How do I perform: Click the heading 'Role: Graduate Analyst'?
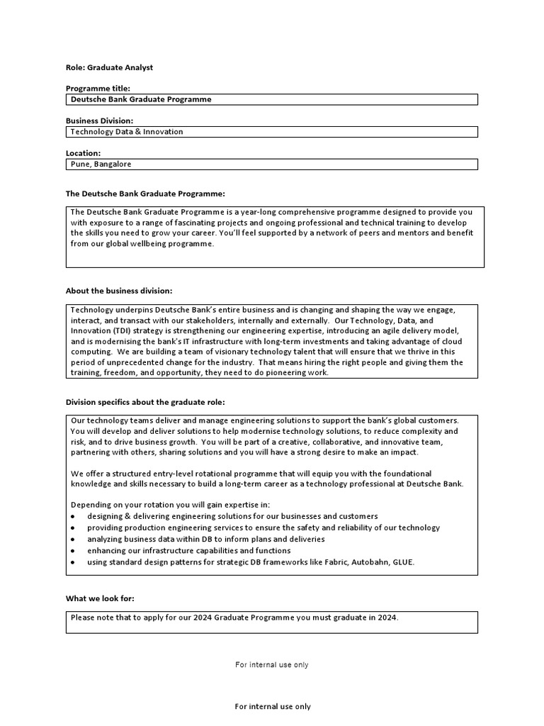(x=109, y=67)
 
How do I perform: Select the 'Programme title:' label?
(x=98, y=89)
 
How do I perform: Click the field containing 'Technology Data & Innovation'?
(x=271, y=132)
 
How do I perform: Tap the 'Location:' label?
(x=83, y=153)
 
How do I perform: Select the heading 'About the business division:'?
(x=119, y=291)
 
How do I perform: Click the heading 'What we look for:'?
(x=100, y=598)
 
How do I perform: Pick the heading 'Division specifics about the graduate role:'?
(x=145, y=402)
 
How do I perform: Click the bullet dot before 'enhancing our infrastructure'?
(x=73, y=551)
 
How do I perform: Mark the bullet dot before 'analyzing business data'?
(x=73, y=540)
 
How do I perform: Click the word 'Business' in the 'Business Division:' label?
(x=82, y=121)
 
